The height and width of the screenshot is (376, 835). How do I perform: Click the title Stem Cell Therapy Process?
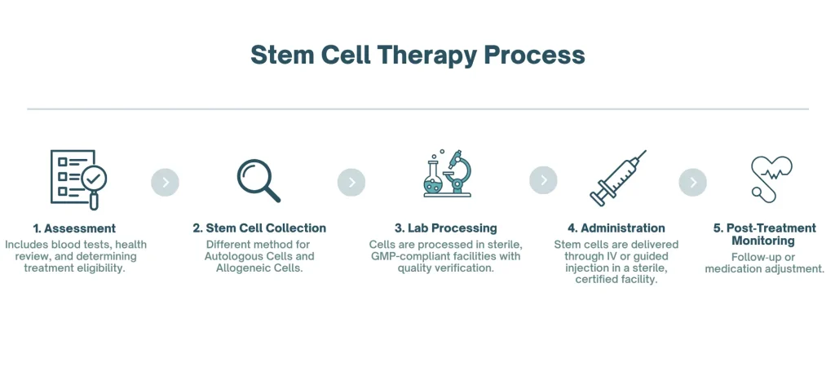417,55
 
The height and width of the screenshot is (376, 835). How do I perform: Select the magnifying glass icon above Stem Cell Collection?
258,180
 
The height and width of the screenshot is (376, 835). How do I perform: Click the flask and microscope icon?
446,174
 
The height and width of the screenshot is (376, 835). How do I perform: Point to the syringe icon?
617,179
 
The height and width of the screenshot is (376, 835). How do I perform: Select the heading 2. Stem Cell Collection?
259,228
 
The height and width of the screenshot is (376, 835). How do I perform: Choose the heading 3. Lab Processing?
446,228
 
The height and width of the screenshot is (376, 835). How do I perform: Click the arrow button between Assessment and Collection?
165,182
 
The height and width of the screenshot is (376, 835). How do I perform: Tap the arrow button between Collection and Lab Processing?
351,182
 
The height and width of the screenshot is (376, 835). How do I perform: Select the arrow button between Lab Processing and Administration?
543,180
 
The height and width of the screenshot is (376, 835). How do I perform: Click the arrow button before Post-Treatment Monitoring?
692,182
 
